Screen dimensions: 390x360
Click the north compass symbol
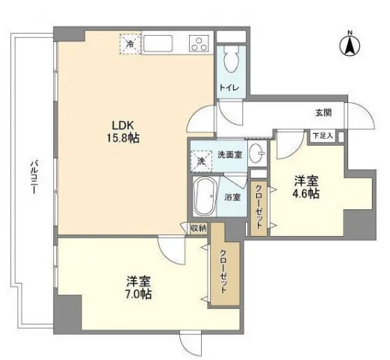(x=350, y=45)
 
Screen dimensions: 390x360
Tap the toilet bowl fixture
(x=231, y=59)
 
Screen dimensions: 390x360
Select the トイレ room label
(x=229, y=87)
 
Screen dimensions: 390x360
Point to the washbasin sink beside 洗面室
(x=257, y=152)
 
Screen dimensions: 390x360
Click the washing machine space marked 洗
(x=201, y=161)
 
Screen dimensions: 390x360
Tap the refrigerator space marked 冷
(x=130, y=44)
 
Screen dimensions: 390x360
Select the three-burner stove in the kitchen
(x=199, y=44)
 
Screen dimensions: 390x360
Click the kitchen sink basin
(x=158, y=44)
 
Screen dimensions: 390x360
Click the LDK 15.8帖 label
(x=123, y=131)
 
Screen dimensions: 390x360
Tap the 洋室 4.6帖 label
(x=306, y=187)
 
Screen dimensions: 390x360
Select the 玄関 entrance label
(x=324, y=113)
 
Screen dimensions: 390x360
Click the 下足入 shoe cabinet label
(x=323, y=136)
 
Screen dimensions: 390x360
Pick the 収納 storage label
(x=199, y=228)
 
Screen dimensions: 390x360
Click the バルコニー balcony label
(x=34, y=178)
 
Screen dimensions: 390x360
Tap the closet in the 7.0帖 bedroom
(x=225, y=264)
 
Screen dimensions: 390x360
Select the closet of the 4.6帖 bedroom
(x=259, y=208)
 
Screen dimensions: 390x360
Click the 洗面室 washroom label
(x=229, y=155)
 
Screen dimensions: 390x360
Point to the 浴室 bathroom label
(x=232, y=197)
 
